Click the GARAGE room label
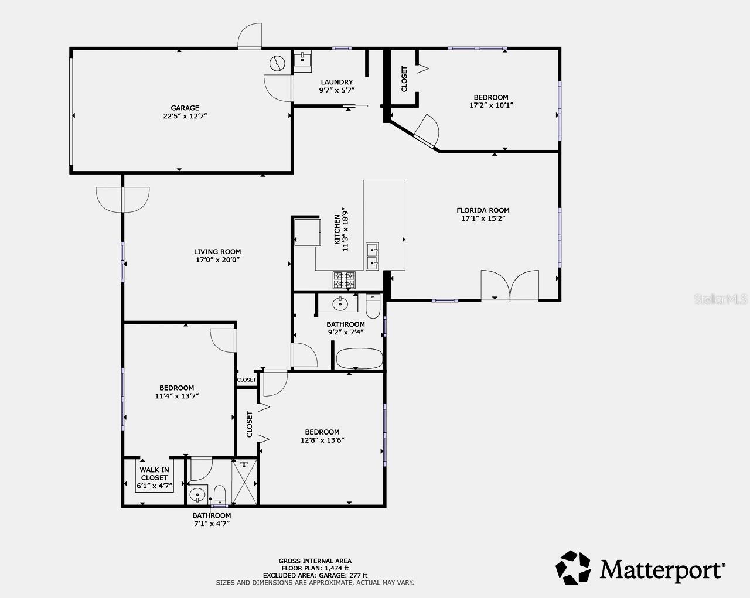185,108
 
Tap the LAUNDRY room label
337,82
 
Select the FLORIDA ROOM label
483,210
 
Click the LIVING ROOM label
217,252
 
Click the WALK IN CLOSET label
154,474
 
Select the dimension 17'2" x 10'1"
491,106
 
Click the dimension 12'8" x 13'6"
322,440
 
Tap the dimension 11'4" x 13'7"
176,396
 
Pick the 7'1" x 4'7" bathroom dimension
212,524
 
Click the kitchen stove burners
344,280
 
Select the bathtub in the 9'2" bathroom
359,358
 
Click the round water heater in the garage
277,62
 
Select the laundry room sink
302,59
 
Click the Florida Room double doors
510,286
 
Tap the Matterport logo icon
574,568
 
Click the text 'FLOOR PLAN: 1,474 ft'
315,568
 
